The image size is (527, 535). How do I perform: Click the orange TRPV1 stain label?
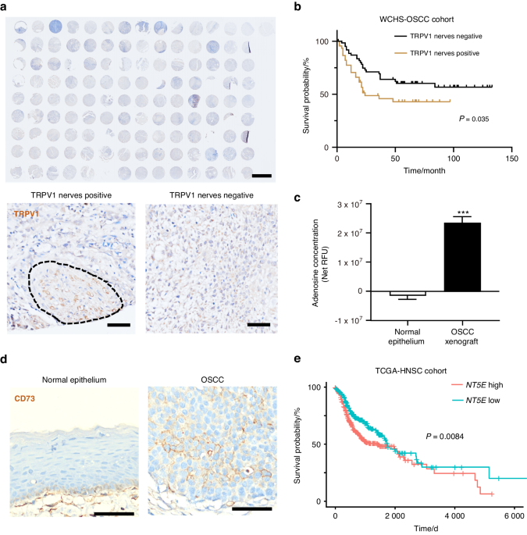tap(24, 211)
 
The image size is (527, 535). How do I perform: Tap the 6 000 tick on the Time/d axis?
tap(513, 518)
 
